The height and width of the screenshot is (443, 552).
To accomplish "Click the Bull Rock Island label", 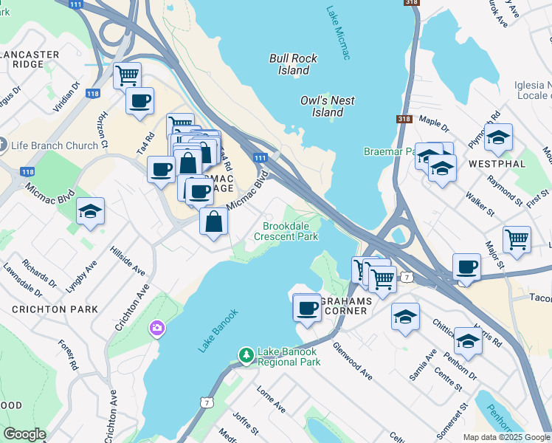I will pos(293,64).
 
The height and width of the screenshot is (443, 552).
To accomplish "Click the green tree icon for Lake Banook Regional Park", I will pos(246,357).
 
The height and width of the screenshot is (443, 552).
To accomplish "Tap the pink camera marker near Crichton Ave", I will pos(156,328).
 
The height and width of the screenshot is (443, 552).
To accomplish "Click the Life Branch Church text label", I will pos(55,145).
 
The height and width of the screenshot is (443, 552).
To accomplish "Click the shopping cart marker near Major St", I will pos(517,240).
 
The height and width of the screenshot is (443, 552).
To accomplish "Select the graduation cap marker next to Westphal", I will pos(498,137).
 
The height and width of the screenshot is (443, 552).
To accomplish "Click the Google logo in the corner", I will pos(24,434).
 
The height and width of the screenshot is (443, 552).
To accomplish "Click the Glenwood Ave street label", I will pos(352,360).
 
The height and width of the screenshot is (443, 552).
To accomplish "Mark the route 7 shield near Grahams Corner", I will pos(407,277).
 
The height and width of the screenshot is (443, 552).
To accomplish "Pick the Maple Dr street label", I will pos(434,120).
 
